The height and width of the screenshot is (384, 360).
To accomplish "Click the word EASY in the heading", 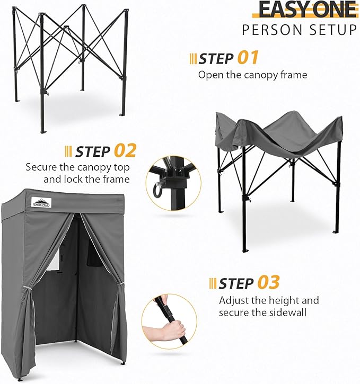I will tap(280, 10).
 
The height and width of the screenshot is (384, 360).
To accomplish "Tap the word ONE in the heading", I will tap(331, 10).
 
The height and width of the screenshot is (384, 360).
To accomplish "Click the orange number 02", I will tap(125, 150).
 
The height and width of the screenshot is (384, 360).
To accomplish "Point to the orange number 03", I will tap(268, 282).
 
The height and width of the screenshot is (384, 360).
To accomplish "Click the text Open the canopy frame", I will tap(252, 75).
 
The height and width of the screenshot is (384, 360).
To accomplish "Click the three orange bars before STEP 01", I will tap(193, 58).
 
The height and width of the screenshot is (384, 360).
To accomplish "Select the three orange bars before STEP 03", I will tap(213, 283).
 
